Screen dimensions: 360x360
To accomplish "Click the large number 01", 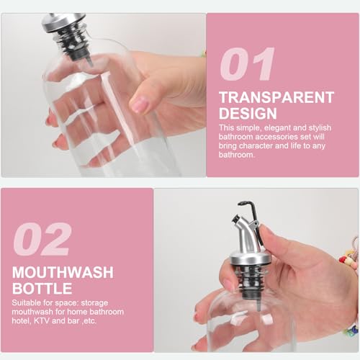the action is coord(247,64).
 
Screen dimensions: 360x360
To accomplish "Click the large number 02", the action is coord(42,239).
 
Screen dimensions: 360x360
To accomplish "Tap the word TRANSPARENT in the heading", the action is coord(276,97).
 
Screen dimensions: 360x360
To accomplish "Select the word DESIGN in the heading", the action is coord(248,113).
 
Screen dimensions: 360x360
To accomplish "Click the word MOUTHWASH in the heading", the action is coord(63,272).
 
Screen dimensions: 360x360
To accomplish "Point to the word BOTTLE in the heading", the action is coord(42,288).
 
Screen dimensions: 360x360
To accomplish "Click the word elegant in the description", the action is coord(276,128).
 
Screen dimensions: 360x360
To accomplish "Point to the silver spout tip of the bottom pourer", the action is coord(237,220).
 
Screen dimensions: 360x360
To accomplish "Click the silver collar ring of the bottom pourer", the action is coord(248,260).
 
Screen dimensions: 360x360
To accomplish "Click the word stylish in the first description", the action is coord(320,128).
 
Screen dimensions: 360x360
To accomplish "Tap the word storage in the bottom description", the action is coord(94,303).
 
